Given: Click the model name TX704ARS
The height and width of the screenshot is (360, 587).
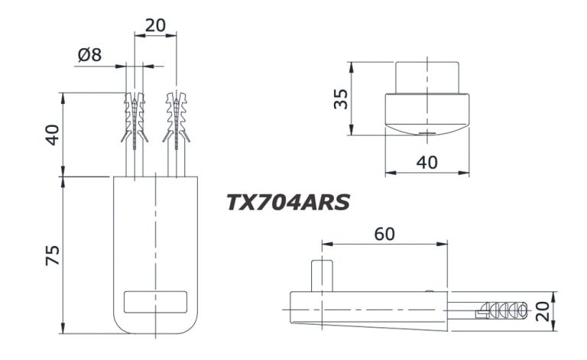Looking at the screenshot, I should tap(287, 202).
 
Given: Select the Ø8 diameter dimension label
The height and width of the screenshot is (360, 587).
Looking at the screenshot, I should tap(90, 54).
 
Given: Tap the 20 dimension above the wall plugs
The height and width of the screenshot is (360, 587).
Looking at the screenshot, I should tap(155, 24).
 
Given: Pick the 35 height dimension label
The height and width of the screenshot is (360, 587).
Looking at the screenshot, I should tap(342, 99).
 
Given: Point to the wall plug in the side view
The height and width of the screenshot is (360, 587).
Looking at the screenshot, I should tap(501, 310).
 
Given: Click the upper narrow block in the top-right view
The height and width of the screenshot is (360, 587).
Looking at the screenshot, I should tap(426, 76).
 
